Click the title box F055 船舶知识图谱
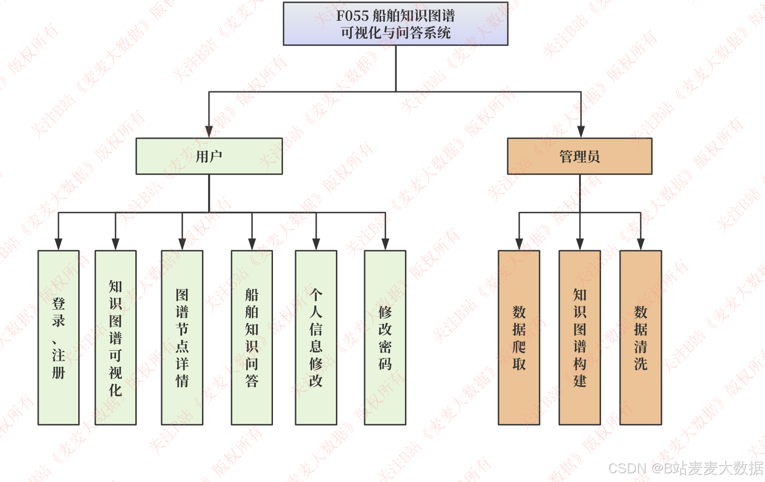point(395,24)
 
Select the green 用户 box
point(209,156)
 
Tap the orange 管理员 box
point(580,156)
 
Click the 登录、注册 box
point(58,337)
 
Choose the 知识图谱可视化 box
point(116,337)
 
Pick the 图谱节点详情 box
point(182,337)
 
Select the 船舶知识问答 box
point(252,337)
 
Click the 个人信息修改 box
point(316,337)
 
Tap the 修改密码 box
point(385,337)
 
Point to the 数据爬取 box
point(519,337)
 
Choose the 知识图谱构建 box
point(580,337)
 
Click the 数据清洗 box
point(641,337)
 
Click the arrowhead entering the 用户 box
point(209,132)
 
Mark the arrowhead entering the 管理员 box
point(581,132)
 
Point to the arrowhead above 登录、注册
point(58,244)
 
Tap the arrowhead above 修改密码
point(385,244)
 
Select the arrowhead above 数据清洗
point(641,244)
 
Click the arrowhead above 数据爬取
point(519,244)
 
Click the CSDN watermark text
point(685,468)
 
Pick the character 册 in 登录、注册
point(58,372)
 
